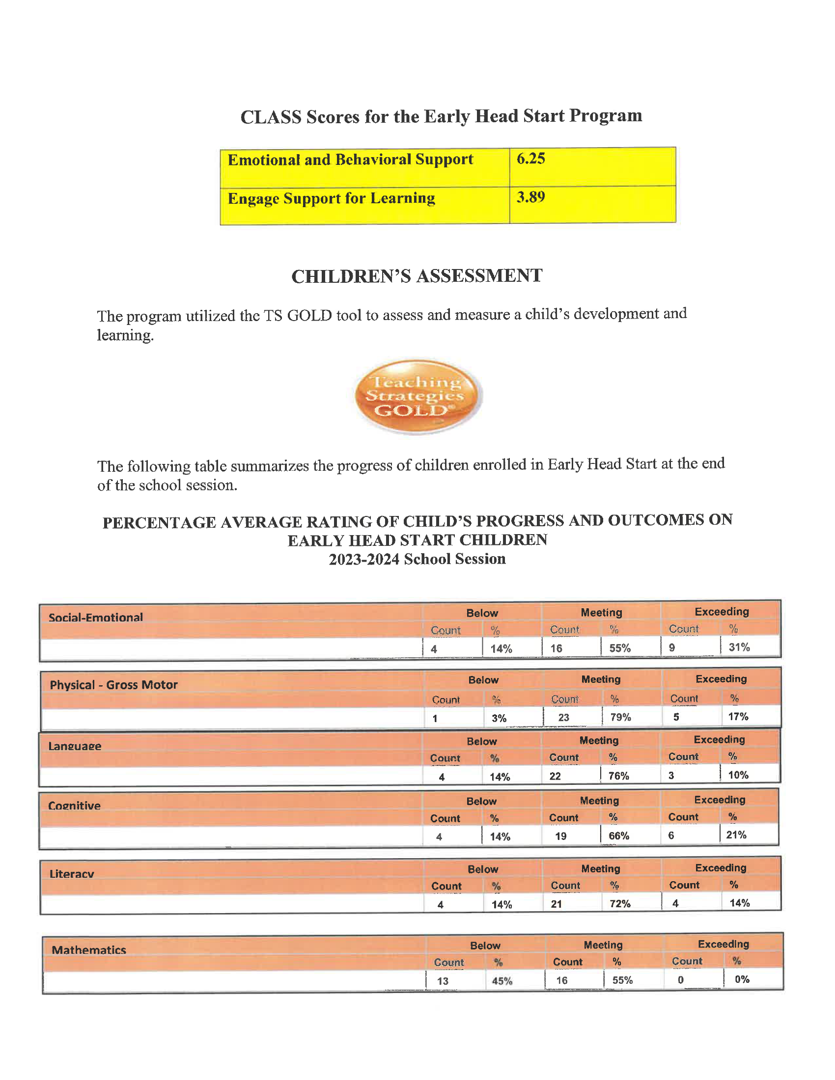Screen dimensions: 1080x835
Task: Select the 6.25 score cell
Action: click(x=531, y=159)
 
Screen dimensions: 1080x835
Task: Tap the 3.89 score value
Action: click(x=531, y=197)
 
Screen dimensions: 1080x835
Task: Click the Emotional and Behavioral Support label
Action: click(x=350, y=160)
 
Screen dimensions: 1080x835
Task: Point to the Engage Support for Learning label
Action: click(x=332, y=198)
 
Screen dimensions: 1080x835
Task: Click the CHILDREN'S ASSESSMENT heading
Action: click(x=417, y=276)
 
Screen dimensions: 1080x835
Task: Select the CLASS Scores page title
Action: click(x=441, y=116)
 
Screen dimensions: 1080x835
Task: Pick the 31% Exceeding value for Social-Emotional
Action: click(x=739, y=648)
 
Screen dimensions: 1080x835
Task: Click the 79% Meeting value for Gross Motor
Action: click(x=620, y=717)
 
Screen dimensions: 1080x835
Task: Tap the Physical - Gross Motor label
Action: click(x=114, y=685)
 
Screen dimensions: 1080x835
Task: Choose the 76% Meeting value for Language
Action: click(x=618, y=776)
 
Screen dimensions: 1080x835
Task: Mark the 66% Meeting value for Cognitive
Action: click(x=619, y=836)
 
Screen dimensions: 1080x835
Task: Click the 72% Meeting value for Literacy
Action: click(x=620, y=904)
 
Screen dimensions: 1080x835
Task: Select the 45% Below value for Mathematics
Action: click(x=502, y=981)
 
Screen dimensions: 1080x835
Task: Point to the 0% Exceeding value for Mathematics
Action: click(x=742, y=979)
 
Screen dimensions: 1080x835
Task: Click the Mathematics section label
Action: click(x=89, y=950)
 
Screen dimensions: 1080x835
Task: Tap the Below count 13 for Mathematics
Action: click(x=443, y=981)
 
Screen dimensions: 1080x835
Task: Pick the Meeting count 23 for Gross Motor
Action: click(x=563, y=718)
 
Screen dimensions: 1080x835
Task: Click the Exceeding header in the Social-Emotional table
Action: click(x=722, y=612)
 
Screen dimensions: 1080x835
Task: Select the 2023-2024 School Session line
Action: click(x=417, y=559)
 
